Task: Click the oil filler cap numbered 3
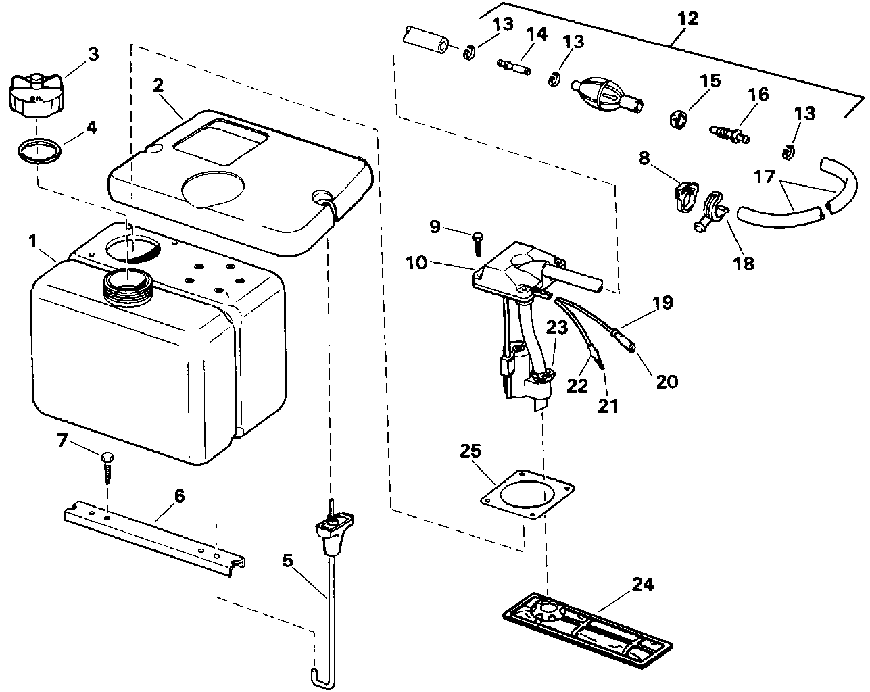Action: (34, 95)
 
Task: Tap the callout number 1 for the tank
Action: (32, 241)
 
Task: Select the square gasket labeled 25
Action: (527, 496)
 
